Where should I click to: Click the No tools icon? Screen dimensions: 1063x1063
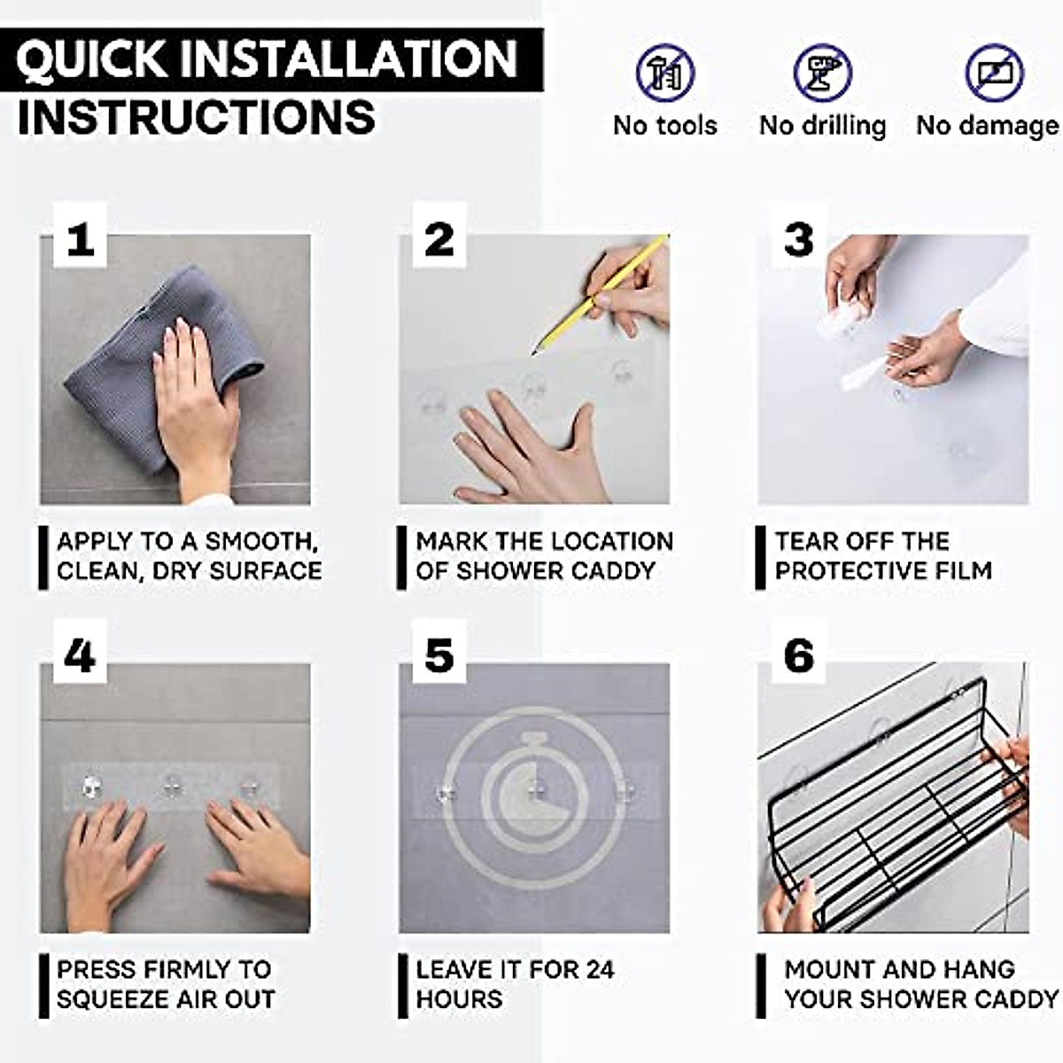[x=665, y=73]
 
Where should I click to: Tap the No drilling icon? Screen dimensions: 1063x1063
[x=822, y=73]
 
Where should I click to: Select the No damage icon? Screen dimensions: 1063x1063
[x=994, y=73]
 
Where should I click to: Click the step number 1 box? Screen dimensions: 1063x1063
[x=80, y=237]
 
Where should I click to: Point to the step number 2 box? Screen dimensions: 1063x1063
[x=439, y=237]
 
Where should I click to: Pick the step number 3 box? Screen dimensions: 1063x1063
[x=798, y=237]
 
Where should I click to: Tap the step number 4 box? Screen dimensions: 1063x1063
[x=80, y=651]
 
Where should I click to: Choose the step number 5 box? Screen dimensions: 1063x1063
[x=439, y=651]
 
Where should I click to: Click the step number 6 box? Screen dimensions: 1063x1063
[x=798, y=651]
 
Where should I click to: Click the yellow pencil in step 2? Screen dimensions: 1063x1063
[x=601, y=295]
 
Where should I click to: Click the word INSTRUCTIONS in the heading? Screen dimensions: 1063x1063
[x=197, y=117]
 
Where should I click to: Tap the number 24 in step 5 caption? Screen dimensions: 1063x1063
[x=599, y=969]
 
